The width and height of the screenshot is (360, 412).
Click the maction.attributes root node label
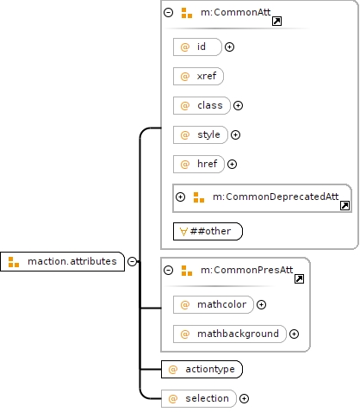(x=72, y=261)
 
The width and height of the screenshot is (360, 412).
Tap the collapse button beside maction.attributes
(x=132, y=261)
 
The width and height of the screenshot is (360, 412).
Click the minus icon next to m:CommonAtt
(x=168, y=12)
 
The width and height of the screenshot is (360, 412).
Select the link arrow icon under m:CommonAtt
(x=276, y=21)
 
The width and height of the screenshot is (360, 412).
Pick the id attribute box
(x=197, y=47)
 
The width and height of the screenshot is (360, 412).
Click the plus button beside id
(x=229, y=47)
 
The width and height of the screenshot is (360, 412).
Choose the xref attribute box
(x=198, y=76)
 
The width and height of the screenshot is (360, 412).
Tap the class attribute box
(x=202, y=105)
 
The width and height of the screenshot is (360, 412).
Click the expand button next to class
(x=238, y=105)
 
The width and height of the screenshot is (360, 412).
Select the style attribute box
(x=201, y=134)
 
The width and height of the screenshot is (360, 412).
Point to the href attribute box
(x=199, y=164)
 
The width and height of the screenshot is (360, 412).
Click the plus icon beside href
(x=232, y=164)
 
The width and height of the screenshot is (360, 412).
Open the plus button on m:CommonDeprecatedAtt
(x=180, y=197)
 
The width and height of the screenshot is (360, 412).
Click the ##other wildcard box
(x=208, y=231)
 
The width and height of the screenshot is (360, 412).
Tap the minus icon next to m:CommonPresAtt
(x=168, y=270)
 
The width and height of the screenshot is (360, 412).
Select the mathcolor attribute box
(x=214, y=304)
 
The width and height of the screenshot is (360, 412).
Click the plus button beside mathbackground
(x=294, y=334)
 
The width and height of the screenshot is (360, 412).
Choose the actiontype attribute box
(x=202, y=369)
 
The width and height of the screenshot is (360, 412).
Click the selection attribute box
(x=199, y=398)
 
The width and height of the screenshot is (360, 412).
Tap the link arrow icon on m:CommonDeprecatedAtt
(x=344, y=205)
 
